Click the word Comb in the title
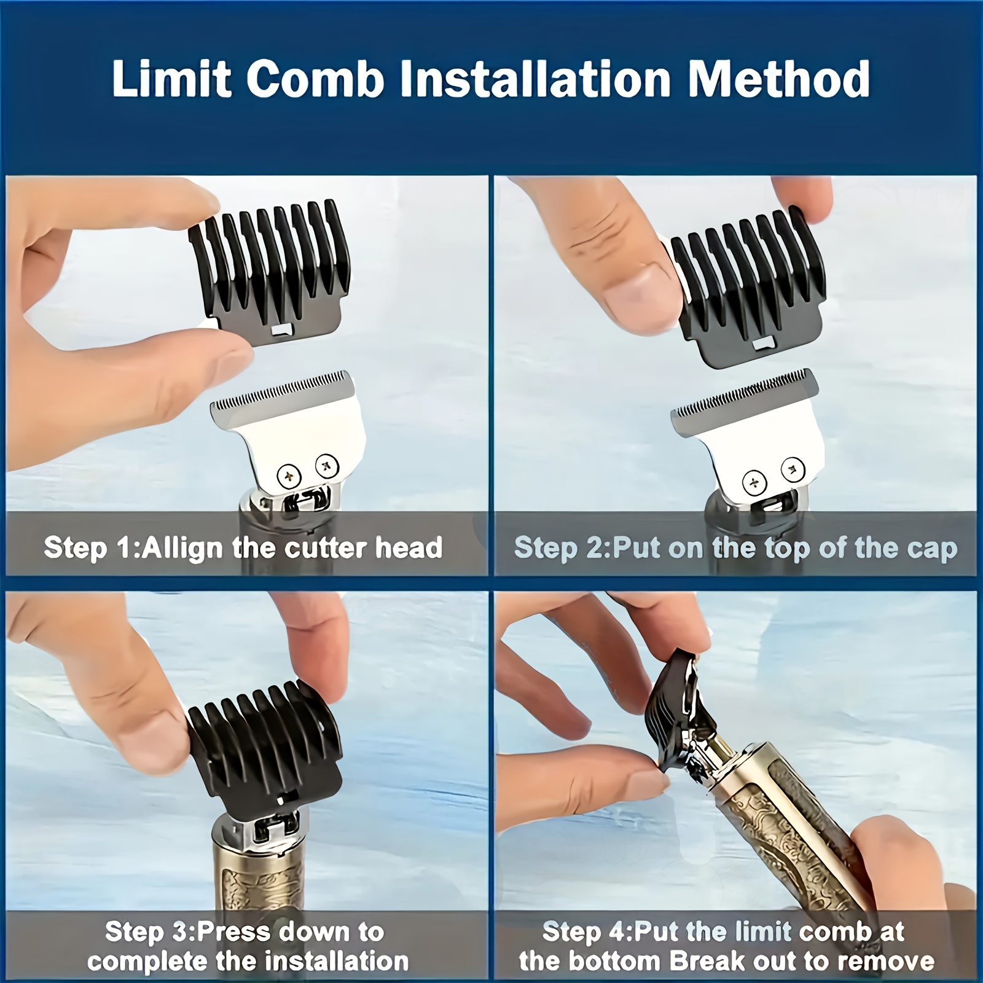point(315,79)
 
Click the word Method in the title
point(778,79)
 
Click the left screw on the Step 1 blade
point(289,474)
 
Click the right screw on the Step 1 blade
point(326,465)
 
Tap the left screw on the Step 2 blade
point(754,482)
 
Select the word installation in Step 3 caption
point(340,960)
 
